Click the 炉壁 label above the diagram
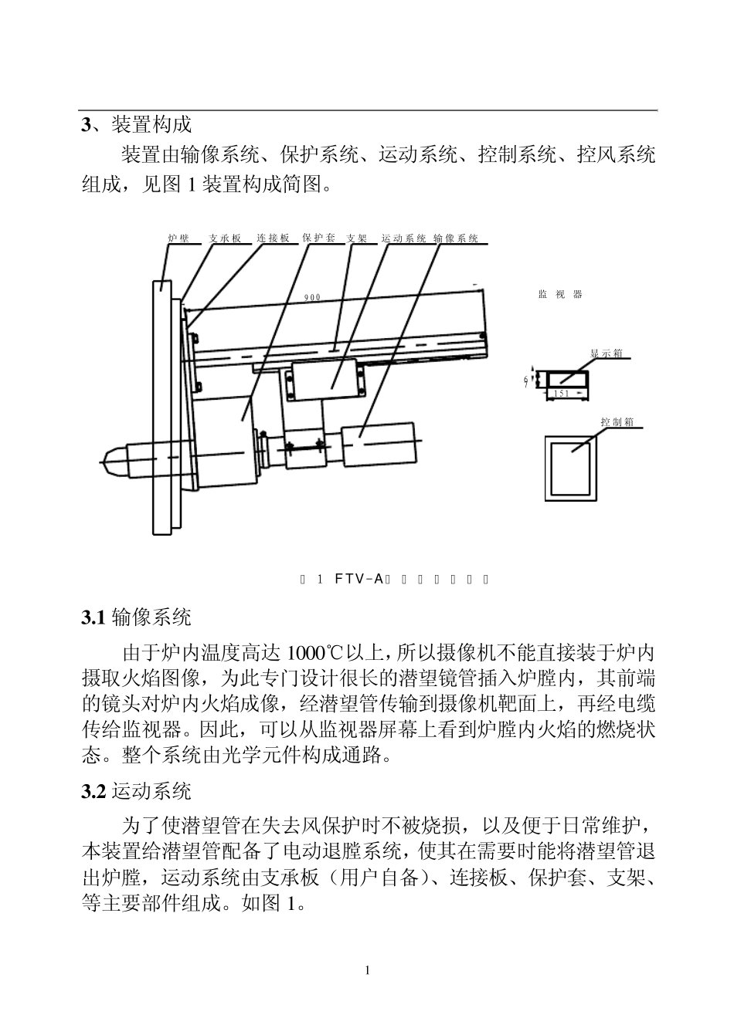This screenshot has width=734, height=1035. (x=178, y=238)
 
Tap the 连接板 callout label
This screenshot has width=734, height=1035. (x=273, y=238)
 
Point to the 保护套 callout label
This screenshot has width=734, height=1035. (x=318, y=238)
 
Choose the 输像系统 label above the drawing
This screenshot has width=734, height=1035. (x=456, y=238)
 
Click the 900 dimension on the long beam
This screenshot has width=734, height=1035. (x=312, y=297)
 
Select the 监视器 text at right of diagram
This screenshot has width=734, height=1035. (x=560, y=295)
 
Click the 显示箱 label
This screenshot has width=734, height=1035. (x=607, y=353)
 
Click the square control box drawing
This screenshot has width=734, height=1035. (x=571, y=468)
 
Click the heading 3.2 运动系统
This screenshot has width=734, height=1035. (x=137, y=791)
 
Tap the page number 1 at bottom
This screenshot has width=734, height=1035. (x=367, y=970)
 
